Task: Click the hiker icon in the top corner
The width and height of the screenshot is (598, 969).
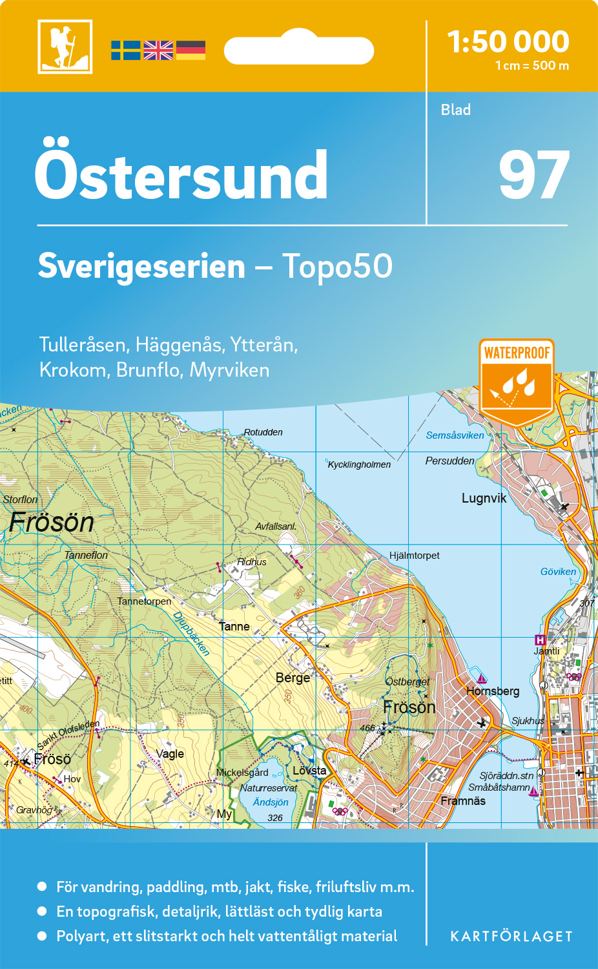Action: [x=65, y=47]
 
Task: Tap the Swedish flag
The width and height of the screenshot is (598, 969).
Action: [x=125, y=50]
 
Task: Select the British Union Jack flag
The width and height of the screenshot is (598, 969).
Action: [x=158, y=50]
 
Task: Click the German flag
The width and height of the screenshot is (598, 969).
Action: [x=191, y=50]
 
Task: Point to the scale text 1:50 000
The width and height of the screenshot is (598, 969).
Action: [x=508, y=42]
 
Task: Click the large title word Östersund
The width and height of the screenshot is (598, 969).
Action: [x=181, y=175]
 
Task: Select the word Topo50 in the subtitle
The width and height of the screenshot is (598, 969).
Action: [x=336, y=266]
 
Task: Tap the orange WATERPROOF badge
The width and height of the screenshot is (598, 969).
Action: [x=517, y=381]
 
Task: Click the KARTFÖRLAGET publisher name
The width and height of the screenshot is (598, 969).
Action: [x=511, y=937]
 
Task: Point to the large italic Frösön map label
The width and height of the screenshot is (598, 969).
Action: [x=52, y=523]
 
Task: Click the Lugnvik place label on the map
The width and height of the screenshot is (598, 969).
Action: [x=484, y=498]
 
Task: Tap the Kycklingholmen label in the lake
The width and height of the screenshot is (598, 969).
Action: [x=359, y=464]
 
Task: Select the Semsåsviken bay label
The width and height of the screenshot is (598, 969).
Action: [x=455, y=435]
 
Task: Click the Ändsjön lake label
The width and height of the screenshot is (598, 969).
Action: [x=271, y=802]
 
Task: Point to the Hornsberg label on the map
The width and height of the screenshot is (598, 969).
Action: [x=493, y=691]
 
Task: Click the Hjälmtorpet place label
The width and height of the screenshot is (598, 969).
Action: [x=414, y=556]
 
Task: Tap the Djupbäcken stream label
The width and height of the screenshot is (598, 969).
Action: [x=191, y=634]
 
